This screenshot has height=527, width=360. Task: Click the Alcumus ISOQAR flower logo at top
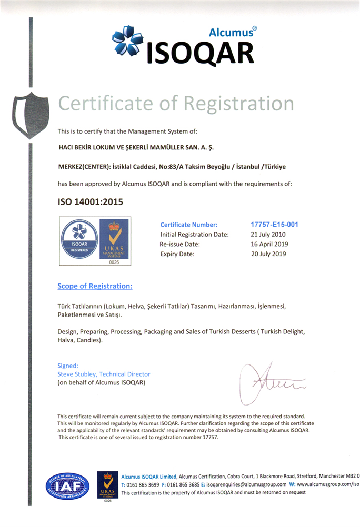(x=128, y=42)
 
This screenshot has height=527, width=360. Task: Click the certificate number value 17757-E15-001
(x=274, y=224)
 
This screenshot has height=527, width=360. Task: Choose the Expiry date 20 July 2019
(x=268, y=254)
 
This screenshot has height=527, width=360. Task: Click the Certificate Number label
(x=188, y=225)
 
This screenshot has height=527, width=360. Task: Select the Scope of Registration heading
(x=95, y=286)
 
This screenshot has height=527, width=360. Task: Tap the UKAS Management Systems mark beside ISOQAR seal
(x=114, y=241)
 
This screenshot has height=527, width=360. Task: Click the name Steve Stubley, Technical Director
(x=104, y=374)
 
